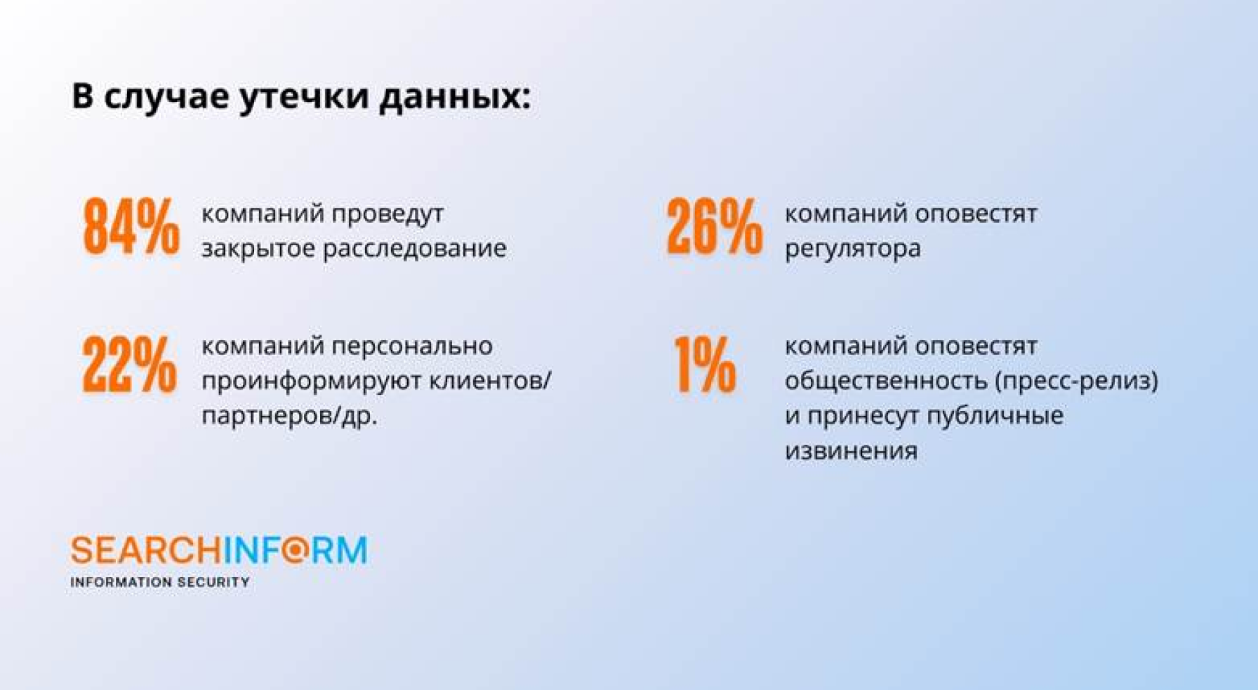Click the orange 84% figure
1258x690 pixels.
(131, 226)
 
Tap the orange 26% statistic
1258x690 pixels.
(714, 226)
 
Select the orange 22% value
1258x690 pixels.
(130, 363)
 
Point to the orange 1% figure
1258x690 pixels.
(705, 363)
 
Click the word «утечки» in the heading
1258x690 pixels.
(304, 97)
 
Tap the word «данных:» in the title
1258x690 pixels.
(455, 98)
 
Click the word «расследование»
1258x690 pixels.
(414, 249)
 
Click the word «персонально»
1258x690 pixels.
(411, 346)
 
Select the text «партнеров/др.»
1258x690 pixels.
(289, 417)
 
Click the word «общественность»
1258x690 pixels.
(885, 381)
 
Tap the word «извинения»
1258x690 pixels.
(851, 450)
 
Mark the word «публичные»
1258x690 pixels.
(995, 416)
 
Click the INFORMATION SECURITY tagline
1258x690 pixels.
(160, 582)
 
